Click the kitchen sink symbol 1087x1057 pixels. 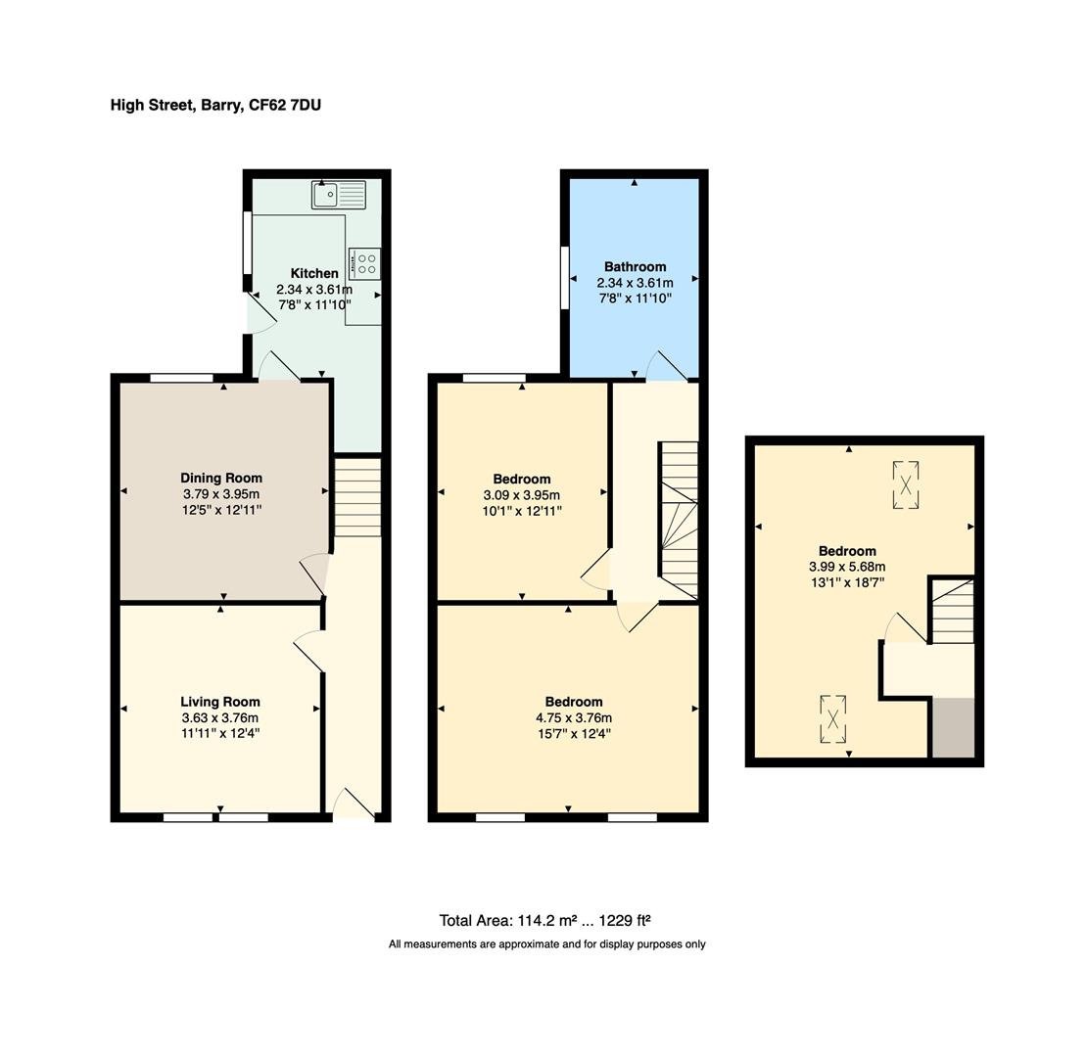pos(338,195)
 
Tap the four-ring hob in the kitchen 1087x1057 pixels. pos(364,263)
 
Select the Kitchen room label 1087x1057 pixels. pos(314,273)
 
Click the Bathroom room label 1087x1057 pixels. pos(635,266)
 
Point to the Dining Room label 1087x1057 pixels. pos(221,478)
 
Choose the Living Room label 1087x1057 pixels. pos(220,702)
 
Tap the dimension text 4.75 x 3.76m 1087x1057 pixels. pos(574,718)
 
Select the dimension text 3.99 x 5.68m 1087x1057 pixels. pos(847,567)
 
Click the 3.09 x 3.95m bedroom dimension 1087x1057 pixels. pos(521,495)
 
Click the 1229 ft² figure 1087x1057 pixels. pos(625,921)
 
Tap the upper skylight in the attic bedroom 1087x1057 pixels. pos(906,484)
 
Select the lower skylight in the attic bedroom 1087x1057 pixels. pos(832,719)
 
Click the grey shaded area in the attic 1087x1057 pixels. pos(953,728)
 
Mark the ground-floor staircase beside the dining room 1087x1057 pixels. pos(357,496)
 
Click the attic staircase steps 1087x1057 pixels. pos(953,612)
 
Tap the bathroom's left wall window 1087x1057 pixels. pos(565,278)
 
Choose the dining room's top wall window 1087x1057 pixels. pos(181,378)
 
